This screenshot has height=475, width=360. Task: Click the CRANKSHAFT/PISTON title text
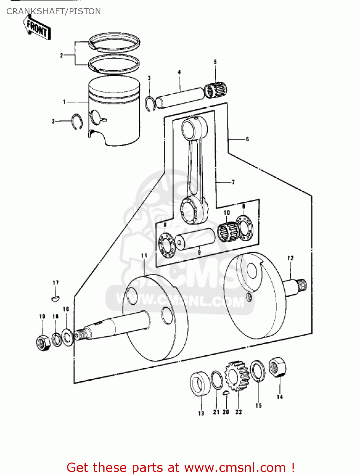54,11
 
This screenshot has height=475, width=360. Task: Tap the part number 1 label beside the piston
64,102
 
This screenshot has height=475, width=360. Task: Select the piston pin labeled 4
180,98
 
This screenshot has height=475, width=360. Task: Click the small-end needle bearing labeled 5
216,90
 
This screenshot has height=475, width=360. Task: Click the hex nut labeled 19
43,342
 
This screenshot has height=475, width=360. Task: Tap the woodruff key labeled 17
56,298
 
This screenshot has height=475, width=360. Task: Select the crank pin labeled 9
195,239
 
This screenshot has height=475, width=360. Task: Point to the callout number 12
290,258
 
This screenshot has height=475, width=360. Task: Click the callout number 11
144,255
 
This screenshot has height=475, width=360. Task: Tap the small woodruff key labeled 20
225,393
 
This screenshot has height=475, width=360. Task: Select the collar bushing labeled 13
200,384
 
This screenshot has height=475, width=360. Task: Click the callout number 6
247,139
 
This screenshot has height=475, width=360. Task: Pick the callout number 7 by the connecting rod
233,182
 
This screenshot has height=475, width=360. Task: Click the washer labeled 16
67,337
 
